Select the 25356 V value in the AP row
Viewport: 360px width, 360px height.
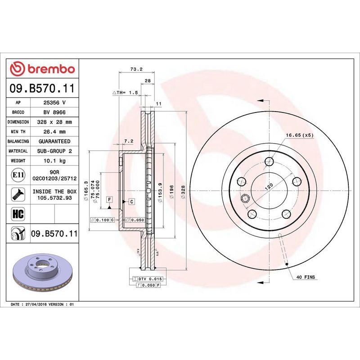click(x=54, y=103)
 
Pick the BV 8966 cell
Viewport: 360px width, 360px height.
click(x=54, y=112)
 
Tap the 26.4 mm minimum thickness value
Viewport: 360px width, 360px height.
click(x=54, y=132)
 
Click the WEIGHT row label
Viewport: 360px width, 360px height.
click(x=18, y=161)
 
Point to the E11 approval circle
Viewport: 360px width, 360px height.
click(x=18, y=175)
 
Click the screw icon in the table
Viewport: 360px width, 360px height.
click(x=18, y=194)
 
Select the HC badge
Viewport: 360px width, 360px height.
click(x=18, y=214)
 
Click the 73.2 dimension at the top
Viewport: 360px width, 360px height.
click(x=136, y=69)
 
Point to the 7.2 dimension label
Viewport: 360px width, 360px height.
click(x=129, y=141)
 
